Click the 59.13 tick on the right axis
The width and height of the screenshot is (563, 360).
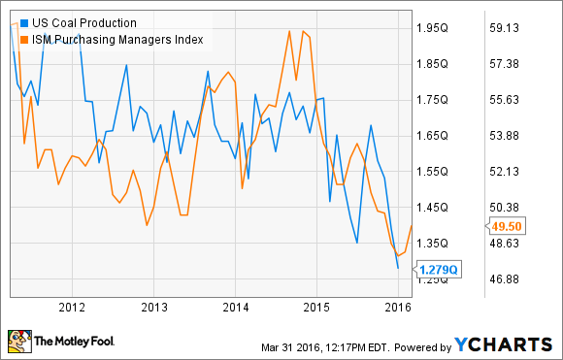click(510, 27)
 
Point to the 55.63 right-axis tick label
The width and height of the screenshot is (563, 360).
click(510, 99)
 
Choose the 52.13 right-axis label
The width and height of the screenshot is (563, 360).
click(510, 171)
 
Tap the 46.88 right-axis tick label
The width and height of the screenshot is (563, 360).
click(510, 278)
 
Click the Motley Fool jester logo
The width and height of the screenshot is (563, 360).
click(18, 340)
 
